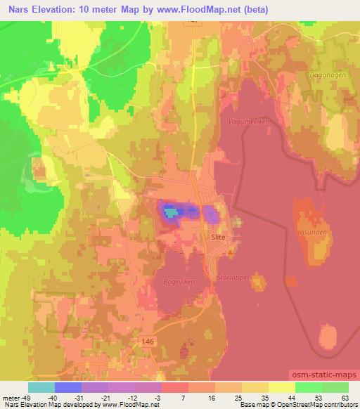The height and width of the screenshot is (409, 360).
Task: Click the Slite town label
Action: pyautogui.click(x=219, y=238)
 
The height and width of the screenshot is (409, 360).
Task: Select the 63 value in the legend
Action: pyautogui.click(x=345, y=397)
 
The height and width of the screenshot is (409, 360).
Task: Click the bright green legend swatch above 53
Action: pyautogui.click(x=309, y=387)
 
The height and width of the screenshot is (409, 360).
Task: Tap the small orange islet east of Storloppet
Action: pyautogui.click(x=259, y=283)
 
